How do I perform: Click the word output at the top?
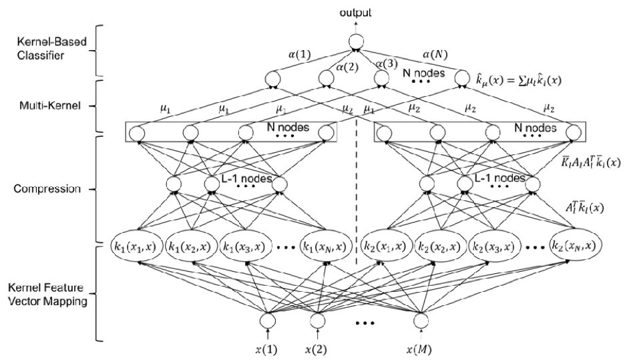tap(355, 13)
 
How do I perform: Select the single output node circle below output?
tap(357, 41)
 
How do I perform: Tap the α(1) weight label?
tap(300, 54)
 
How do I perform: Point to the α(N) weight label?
tap(435, 54)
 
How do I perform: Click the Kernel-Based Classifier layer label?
tap(51, 48)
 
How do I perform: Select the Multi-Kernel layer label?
tap(50, 106)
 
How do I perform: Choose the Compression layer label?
tap(47, 189)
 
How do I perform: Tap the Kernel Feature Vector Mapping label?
tap(47, 294)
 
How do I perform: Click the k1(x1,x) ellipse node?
tap(136, 246)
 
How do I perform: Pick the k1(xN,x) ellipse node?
tap(327, 246)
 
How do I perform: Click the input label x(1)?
tap(266, 349)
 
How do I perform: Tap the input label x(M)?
tap(419, 349)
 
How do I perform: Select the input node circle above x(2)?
tap(318, 321)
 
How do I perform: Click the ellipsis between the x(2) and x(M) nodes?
tap(365, 323)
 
